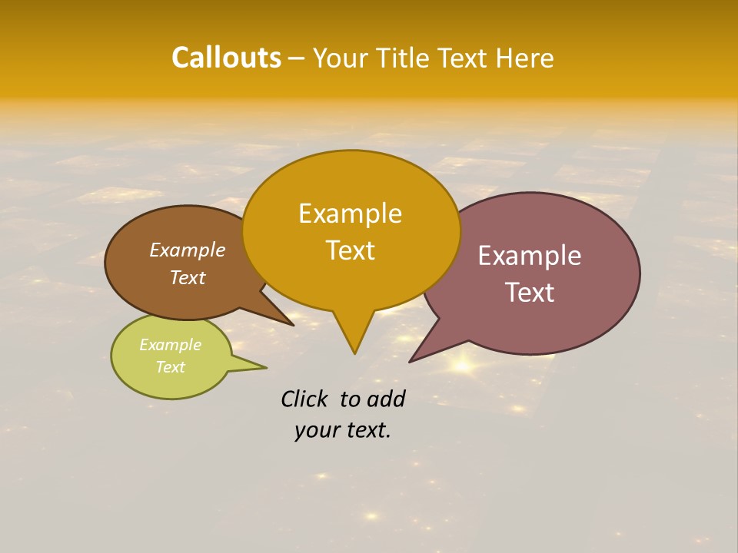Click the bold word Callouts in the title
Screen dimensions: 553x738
(x=226, y=58)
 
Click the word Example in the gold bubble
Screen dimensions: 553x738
(x=350, y=214)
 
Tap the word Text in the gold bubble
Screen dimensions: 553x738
(x=350, y=250)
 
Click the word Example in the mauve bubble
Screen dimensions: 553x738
(x=530, y=256)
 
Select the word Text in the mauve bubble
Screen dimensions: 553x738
(x=530, y=293)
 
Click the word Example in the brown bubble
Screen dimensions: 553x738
(x=188, y=250)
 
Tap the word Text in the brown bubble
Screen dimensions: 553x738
(x=188, y=277)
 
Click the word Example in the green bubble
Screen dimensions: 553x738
(x=170, y=345)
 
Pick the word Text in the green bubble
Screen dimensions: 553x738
(x=170, y=367)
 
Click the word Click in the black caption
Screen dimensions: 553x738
(x=305, y=399)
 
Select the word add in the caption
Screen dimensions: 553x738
(x=386, y=399)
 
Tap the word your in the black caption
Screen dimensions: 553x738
(x=315, y=430)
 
